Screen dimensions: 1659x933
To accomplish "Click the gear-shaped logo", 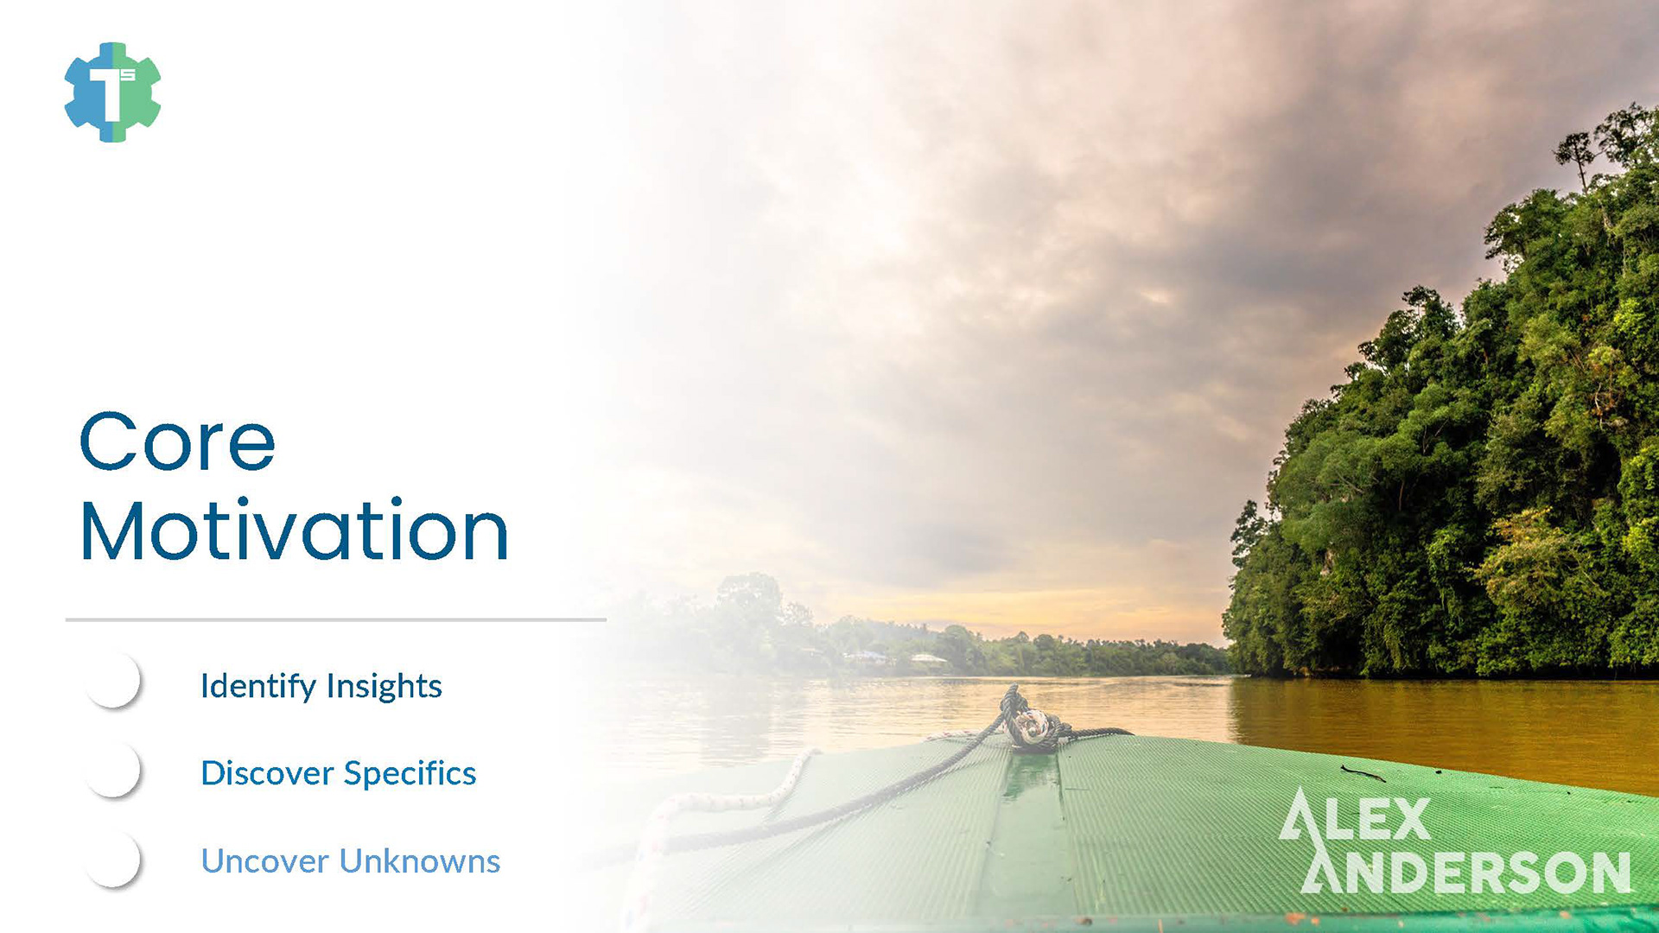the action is point(112,92).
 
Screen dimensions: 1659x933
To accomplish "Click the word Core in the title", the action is point(177,441).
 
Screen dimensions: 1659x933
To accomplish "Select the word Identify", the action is point(258,687).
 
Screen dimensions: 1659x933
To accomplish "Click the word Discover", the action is point(267,773).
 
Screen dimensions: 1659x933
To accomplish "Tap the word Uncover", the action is point(265,861).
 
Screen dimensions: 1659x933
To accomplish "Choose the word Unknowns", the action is point(420,861).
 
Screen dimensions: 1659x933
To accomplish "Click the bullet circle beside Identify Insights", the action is point(112,681).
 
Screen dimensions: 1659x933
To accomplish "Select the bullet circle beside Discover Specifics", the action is point(112,769).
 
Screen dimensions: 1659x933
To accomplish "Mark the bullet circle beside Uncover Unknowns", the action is point(112,859).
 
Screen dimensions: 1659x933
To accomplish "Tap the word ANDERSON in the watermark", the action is point(1466,870).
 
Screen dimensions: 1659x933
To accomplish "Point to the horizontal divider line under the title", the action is point(336,619).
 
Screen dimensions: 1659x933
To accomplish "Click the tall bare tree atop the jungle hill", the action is point(1577,160).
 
